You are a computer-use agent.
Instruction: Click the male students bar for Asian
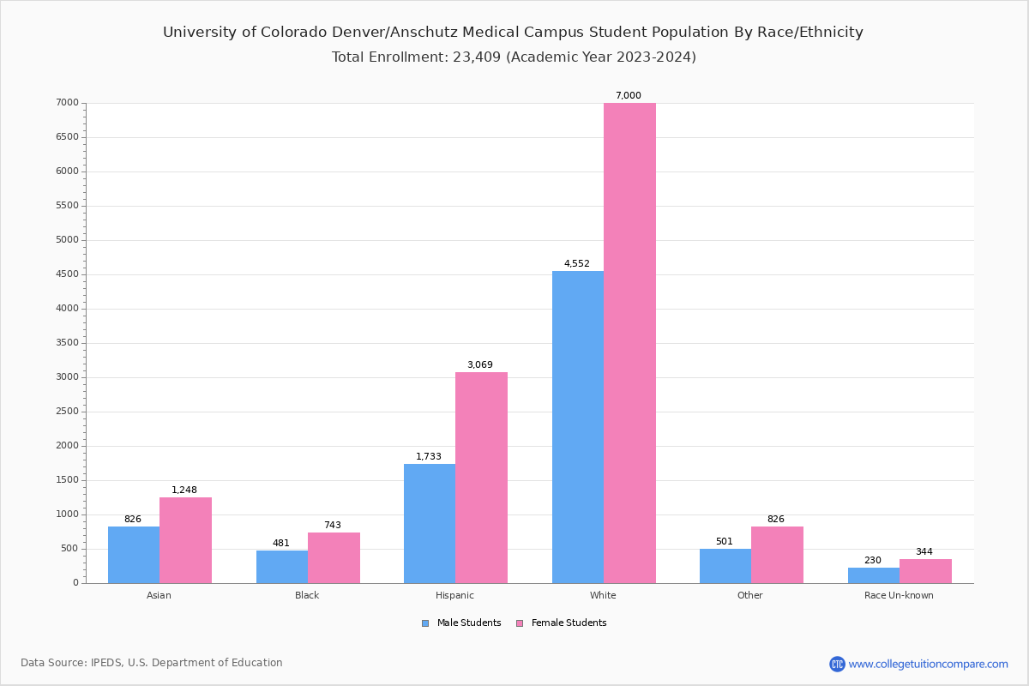point(134,555)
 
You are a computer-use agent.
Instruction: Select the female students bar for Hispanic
point(481,478)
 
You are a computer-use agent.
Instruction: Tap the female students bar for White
point(629,343)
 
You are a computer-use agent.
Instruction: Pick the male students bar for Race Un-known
point(874,575)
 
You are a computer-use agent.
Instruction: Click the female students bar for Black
point(334,557)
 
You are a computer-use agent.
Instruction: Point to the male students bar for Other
point(725,566)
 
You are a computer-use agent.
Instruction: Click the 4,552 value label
point(577,263)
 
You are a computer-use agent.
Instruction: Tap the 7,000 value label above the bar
point(629,96)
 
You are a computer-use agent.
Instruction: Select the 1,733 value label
point(429,456)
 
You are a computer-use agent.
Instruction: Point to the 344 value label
point(924,551)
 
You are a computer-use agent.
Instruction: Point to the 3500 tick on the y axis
point(68,343)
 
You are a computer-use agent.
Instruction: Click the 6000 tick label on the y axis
point(68,171)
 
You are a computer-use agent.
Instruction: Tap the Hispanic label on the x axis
point(454,595)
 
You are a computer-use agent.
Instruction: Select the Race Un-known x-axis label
point(899,595)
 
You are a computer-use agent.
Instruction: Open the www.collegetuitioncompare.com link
point(928,664)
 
